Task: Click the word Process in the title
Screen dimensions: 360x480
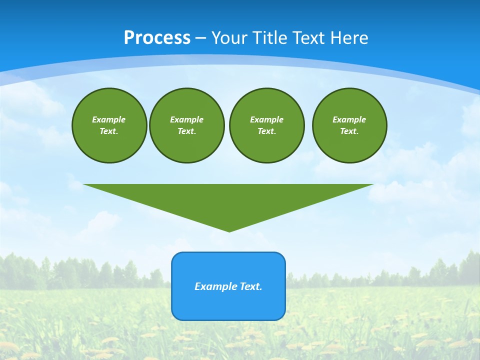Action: [157, 38]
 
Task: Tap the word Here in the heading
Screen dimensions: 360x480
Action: [348, 38]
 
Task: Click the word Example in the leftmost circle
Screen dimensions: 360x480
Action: [109, 119]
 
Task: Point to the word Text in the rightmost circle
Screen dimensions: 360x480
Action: [348, 131]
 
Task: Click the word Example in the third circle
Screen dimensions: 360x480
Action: [266, 119]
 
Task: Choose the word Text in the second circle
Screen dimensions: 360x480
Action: [186, 131]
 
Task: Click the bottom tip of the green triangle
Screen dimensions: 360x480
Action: [229, 230]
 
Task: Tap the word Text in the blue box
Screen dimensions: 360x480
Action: [250, 286]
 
